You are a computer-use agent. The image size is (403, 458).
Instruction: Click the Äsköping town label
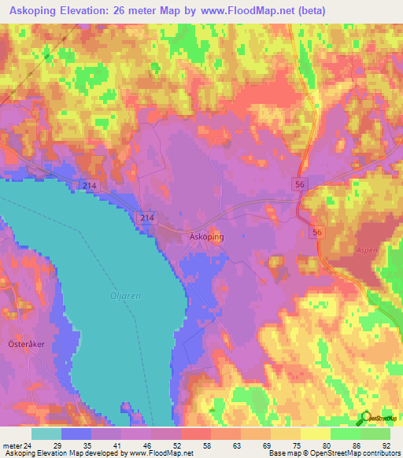[208, 236]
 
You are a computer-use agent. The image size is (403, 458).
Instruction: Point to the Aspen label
[368, 249]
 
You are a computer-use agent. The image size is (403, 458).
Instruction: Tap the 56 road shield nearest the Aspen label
[317, 232]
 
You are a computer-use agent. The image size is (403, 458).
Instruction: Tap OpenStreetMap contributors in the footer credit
[358, 453]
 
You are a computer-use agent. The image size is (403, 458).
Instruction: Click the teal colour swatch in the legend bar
[46, 434]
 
